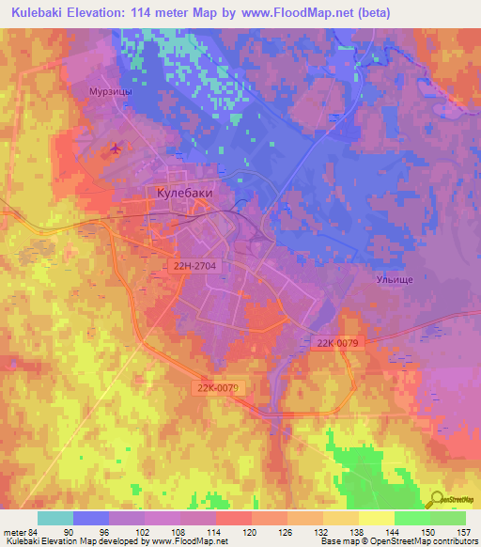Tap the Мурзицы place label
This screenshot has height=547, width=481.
(x=113, y=94)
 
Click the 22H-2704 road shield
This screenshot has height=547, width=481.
(x=195, y=267)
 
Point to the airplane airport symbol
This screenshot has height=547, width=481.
(x=116, y=148)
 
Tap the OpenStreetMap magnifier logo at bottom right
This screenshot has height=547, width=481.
(x=450, y=500)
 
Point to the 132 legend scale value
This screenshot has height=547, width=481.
(x=321, y=532)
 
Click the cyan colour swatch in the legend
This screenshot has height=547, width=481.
(x=54, y=518)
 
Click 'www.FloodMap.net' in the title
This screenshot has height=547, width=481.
(x=304, y=12)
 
